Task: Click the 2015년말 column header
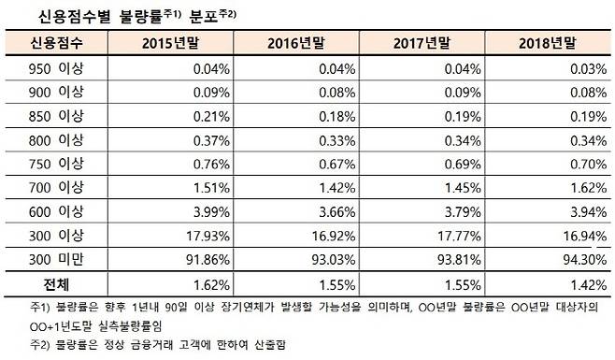tap(171, 43)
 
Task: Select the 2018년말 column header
tap(551, 43)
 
